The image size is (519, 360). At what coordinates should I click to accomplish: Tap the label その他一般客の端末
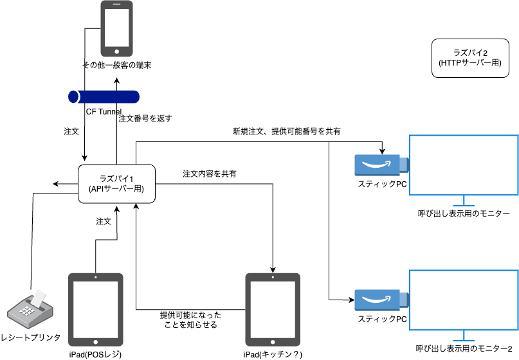(116, 65)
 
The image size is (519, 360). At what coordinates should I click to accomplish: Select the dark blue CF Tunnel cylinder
(104, 96)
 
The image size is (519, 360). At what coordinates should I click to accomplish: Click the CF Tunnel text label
(104, 111)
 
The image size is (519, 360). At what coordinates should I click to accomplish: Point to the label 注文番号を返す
(145, 118)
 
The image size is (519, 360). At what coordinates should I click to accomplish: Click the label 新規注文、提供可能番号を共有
(287, 131)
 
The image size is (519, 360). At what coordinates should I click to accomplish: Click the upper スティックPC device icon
(381, 165)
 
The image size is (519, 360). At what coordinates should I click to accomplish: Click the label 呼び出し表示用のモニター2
(464, 348)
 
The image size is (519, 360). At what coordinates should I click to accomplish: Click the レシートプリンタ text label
(30, 337)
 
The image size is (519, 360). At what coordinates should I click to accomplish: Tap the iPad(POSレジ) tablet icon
(95, 310)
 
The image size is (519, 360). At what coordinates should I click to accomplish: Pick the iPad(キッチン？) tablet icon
(273, 310)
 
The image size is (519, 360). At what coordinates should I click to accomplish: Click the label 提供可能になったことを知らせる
(190, 320)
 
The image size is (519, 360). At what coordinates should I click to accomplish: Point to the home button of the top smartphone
(116, 51)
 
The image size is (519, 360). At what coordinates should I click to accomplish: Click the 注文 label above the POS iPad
(104, 221)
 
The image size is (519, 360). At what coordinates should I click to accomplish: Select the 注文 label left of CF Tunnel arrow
(71, 131)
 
